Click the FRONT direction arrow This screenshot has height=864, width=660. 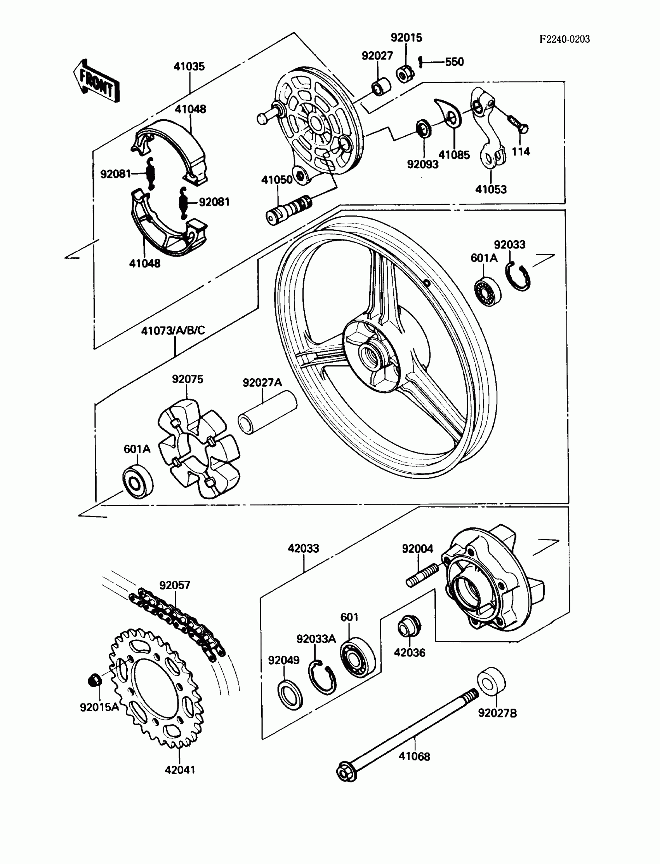(96, 82)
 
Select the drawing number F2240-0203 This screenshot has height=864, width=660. (564, 39)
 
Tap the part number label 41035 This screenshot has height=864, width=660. (189, 66)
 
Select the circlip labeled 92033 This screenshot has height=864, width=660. (518, 278)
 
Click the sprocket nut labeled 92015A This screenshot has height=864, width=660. (94, 680)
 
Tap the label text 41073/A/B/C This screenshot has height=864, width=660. (173, 330)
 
